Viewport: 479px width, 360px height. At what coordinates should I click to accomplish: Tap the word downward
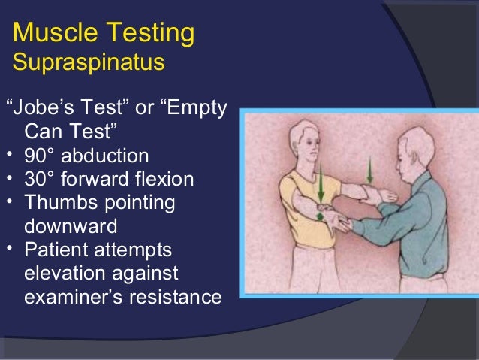pos(72,226)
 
